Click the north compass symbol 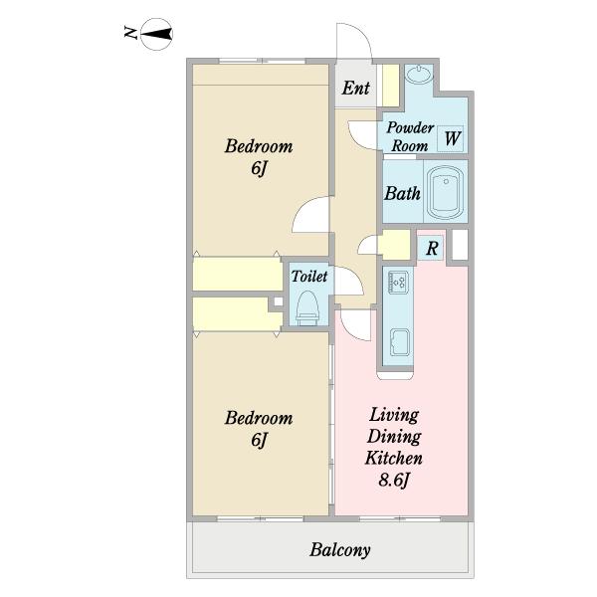point(156,34)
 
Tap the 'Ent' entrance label point(355,88)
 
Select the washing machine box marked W point(450,138)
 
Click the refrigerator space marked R point(430,248)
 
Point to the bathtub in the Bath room point(445,192)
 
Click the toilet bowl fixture point(307,308)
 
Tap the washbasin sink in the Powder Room point(419,74)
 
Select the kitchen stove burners point(398,282)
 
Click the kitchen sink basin point(400,342)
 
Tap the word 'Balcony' point(339,550)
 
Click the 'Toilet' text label point(309,276)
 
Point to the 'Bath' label point(402,193)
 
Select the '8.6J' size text point(393,481)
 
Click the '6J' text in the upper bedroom point(258,168)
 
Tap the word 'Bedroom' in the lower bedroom point(259,418)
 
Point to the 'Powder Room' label point(410,136)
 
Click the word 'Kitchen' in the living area point(393,458)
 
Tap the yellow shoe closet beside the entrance point(390,86)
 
